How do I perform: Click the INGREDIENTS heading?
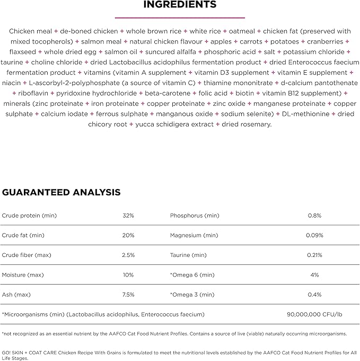(x=180, y=5)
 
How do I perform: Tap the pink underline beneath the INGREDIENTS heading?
(x=180, y=17)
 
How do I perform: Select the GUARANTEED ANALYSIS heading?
(x=61, y=192)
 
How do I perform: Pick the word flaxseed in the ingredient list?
(x=24, y=52)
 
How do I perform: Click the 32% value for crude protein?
(x=128, y=216)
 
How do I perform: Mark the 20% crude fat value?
(x=128, y=235)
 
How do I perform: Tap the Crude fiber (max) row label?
(x=27, y=255)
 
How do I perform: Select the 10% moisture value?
(x=128, y=275)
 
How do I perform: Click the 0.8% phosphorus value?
(x=315, y=216)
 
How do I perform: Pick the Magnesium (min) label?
(x=194, y=235)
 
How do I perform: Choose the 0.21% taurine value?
(x=315, y=255)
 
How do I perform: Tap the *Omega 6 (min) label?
(x=192, y=275)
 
